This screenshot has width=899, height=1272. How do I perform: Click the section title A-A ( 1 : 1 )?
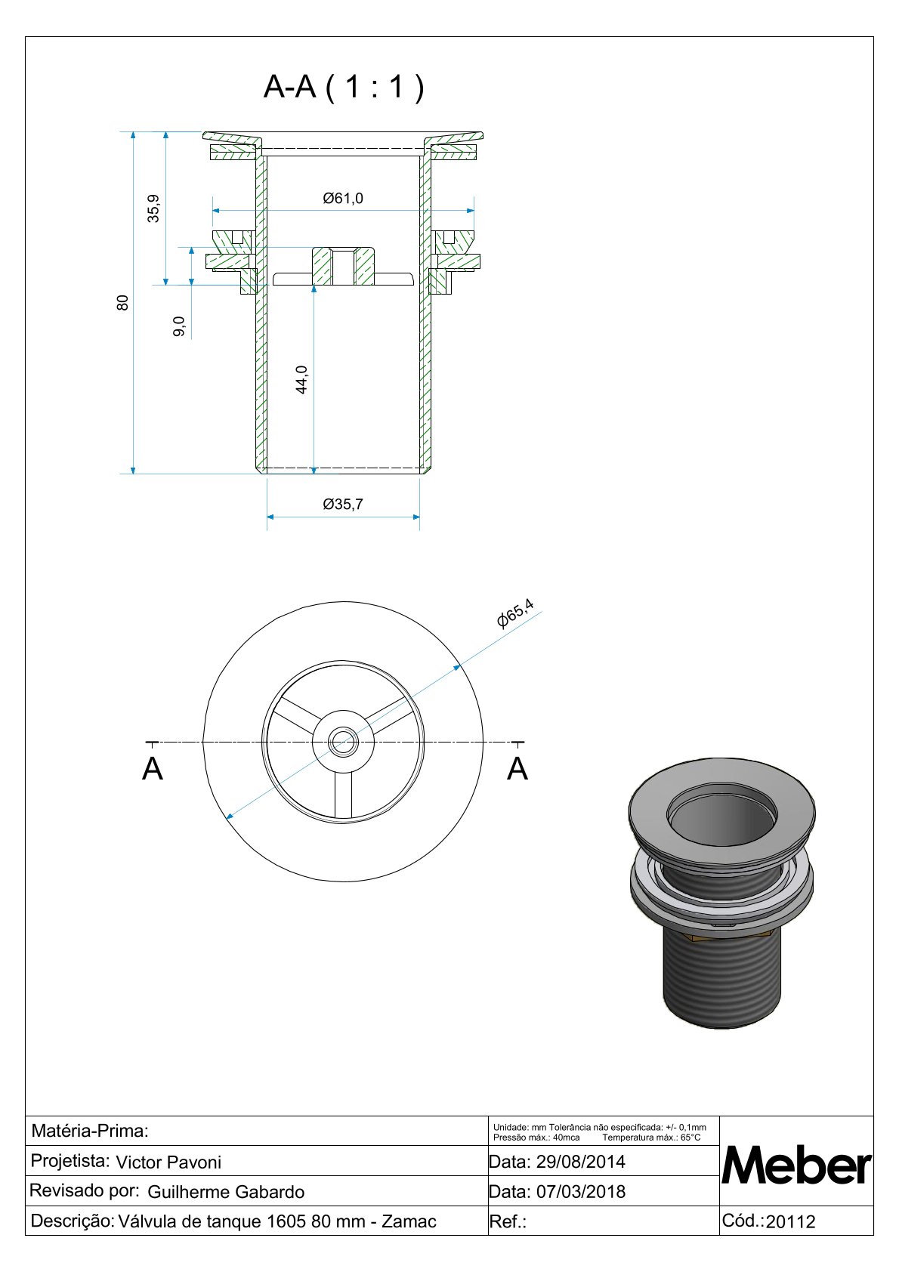(344, 87)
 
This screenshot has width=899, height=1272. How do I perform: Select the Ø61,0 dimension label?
(342, 198)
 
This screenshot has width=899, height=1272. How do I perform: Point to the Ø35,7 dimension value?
(342, 505)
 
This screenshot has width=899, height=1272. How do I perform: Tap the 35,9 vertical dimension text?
(153, 208)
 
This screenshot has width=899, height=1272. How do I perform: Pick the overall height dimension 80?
(122, 303)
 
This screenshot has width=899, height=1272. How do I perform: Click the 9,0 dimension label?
(179, 326)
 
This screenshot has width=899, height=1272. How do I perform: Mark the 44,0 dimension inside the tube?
(301, 379)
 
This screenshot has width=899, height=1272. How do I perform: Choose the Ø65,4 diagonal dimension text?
(515, 614)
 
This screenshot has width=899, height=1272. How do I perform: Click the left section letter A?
(152, 770)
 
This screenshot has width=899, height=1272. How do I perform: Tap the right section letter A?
(517, 770)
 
